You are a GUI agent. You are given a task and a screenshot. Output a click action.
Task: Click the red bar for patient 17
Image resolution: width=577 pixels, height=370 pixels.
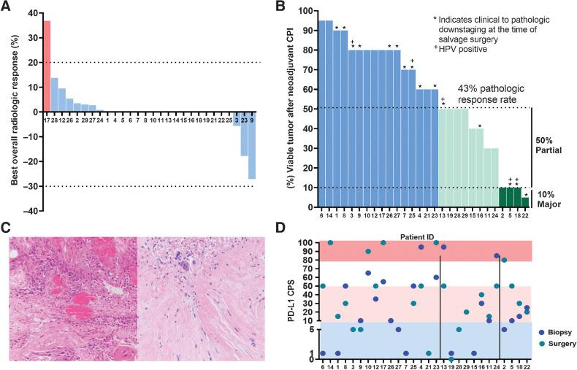[x=47, y=66]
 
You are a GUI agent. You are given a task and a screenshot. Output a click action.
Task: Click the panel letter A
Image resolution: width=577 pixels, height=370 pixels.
[x=8, y=7]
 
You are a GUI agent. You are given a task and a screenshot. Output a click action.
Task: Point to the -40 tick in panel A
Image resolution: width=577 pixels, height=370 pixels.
[x=30, y=211]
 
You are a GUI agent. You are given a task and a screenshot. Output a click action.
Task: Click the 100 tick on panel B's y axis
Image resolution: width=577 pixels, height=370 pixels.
[x=307, y=12]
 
